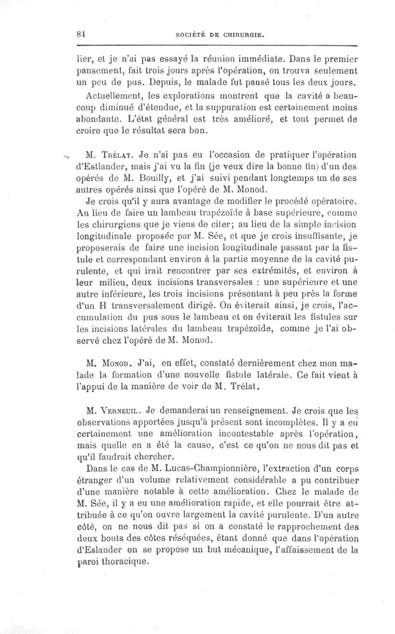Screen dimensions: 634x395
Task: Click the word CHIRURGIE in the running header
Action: [x=240, y=35]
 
